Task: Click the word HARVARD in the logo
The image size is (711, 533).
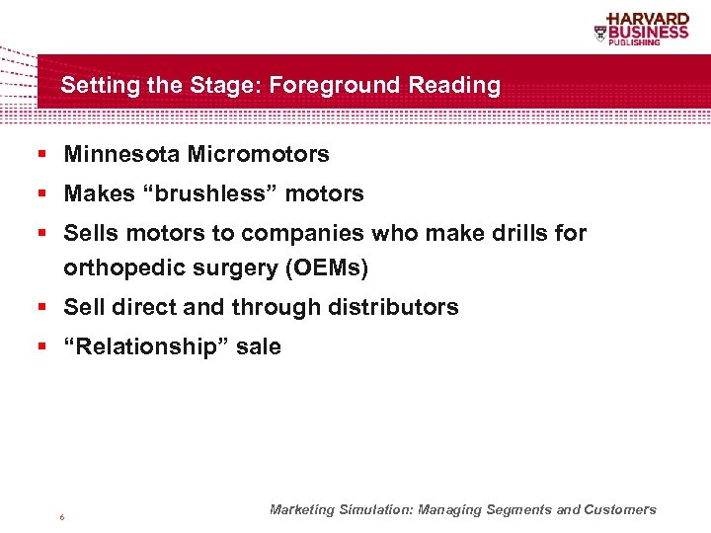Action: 648,19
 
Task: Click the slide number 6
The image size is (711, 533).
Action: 62,517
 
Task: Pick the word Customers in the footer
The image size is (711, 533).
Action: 619,510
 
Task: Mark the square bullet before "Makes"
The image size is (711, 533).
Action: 43,194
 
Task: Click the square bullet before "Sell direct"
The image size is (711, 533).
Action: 43,308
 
